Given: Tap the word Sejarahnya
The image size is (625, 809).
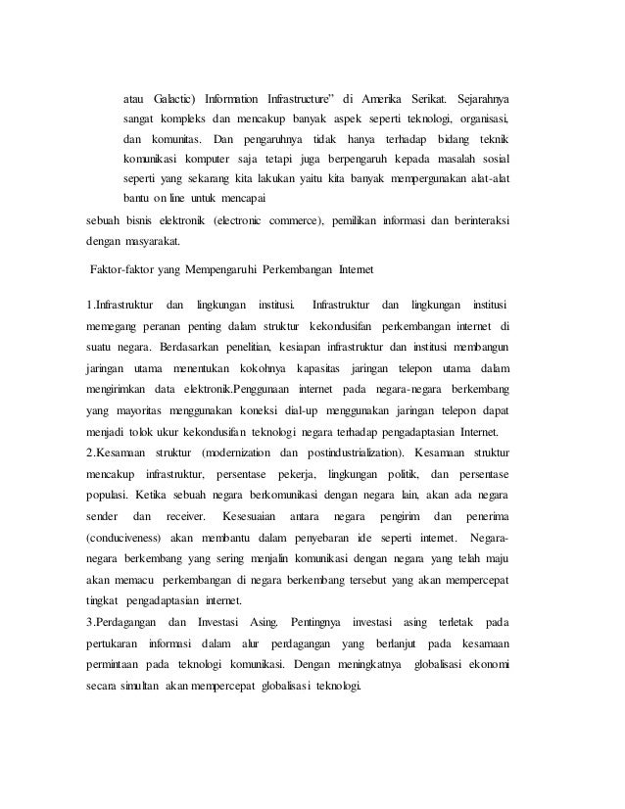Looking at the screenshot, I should pyautogui.click(x=486, y=100).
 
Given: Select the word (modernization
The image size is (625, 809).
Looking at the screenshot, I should pyautogui.click(x=237, y=453).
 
